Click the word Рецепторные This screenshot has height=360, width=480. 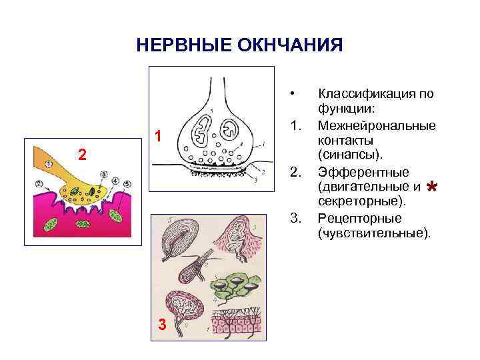[359, 218]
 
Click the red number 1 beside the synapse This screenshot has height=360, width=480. [158, 137]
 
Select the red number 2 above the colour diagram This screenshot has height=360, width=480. [81, 155]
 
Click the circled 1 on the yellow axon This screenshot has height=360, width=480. [49, 163]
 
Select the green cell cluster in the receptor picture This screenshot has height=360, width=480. [233, 285]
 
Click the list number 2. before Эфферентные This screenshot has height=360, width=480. [297, 173]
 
